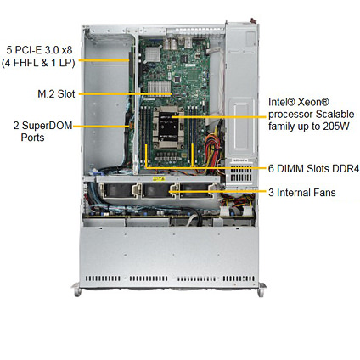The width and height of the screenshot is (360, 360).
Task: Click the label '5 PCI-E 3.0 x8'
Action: tap(39, 50)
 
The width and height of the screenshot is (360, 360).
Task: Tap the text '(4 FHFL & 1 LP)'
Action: tap(38, 63)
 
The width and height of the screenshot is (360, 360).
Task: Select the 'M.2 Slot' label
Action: tap(56, 93)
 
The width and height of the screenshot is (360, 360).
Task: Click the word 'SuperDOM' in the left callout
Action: tap(47, 126)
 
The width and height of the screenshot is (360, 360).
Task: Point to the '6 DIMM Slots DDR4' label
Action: tap(313, 169)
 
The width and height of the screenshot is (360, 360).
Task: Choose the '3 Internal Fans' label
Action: tap(302, 193)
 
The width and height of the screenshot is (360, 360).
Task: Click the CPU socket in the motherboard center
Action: tap(168, 127)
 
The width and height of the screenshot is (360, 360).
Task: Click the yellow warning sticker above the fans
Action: tap(159, 179)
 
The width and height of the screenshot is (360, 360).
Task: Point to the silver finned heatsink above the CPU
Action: tap(160, 87)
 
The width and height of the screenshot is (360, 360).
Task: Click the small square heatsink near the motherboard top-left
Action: tap(153, 54)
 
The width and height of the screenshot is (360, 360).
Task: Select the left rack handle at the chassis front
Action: tap(76, 290)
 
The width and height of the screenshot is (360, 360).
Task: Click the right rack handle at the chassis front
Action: tap(262, 290)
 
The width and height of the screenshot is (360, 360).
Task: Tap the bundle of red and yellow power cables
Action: tap(213, 151)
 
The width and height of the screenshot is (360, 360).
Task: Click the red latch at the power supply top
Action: tap(253, 21)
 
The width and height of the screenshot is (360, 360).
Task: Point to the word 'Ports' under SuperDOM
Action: tap(32, 138)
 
